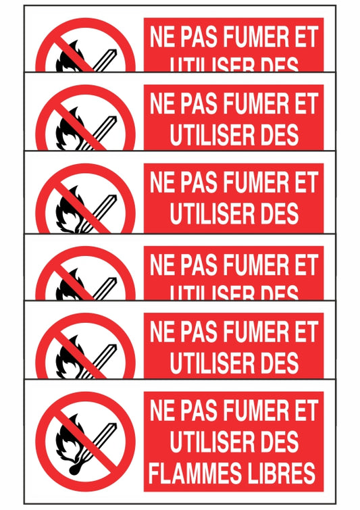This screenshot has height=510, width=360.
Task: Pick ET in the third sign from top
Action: click(x=305, y=182)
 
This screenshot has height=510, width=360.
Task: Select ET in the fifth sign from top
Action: click(x=305, y=332)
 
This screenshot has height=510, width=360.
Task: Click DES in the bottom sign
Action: click(x=276, y=441)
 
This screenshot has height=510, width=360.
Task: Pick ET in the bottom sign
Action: click(x=305, y=410)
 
